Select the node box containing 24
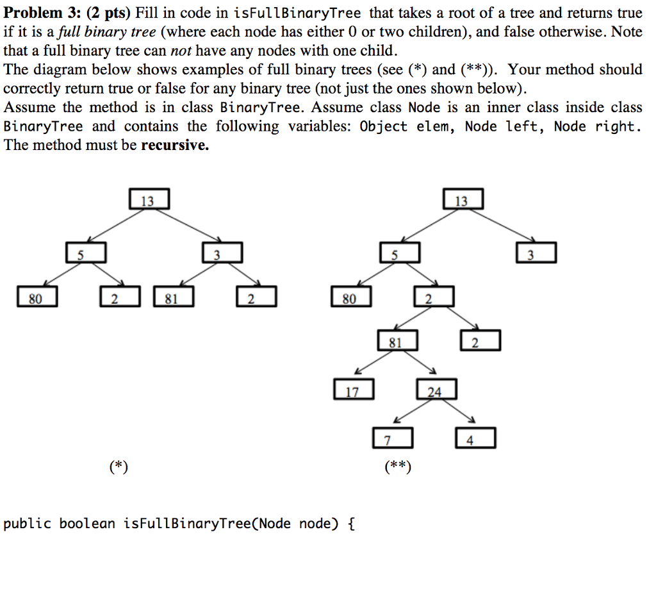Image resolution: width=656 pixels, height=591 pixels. (436, 390)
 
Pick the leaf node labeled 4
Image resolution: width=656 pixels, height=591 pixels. (475, 439)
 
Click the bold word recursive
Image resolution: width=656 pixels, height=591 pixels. (175, 146)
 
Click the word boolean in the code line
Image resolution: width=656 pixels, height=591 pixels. (87, 524)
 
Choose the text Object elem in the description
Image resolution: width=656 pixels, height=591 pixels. (407, 126)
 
